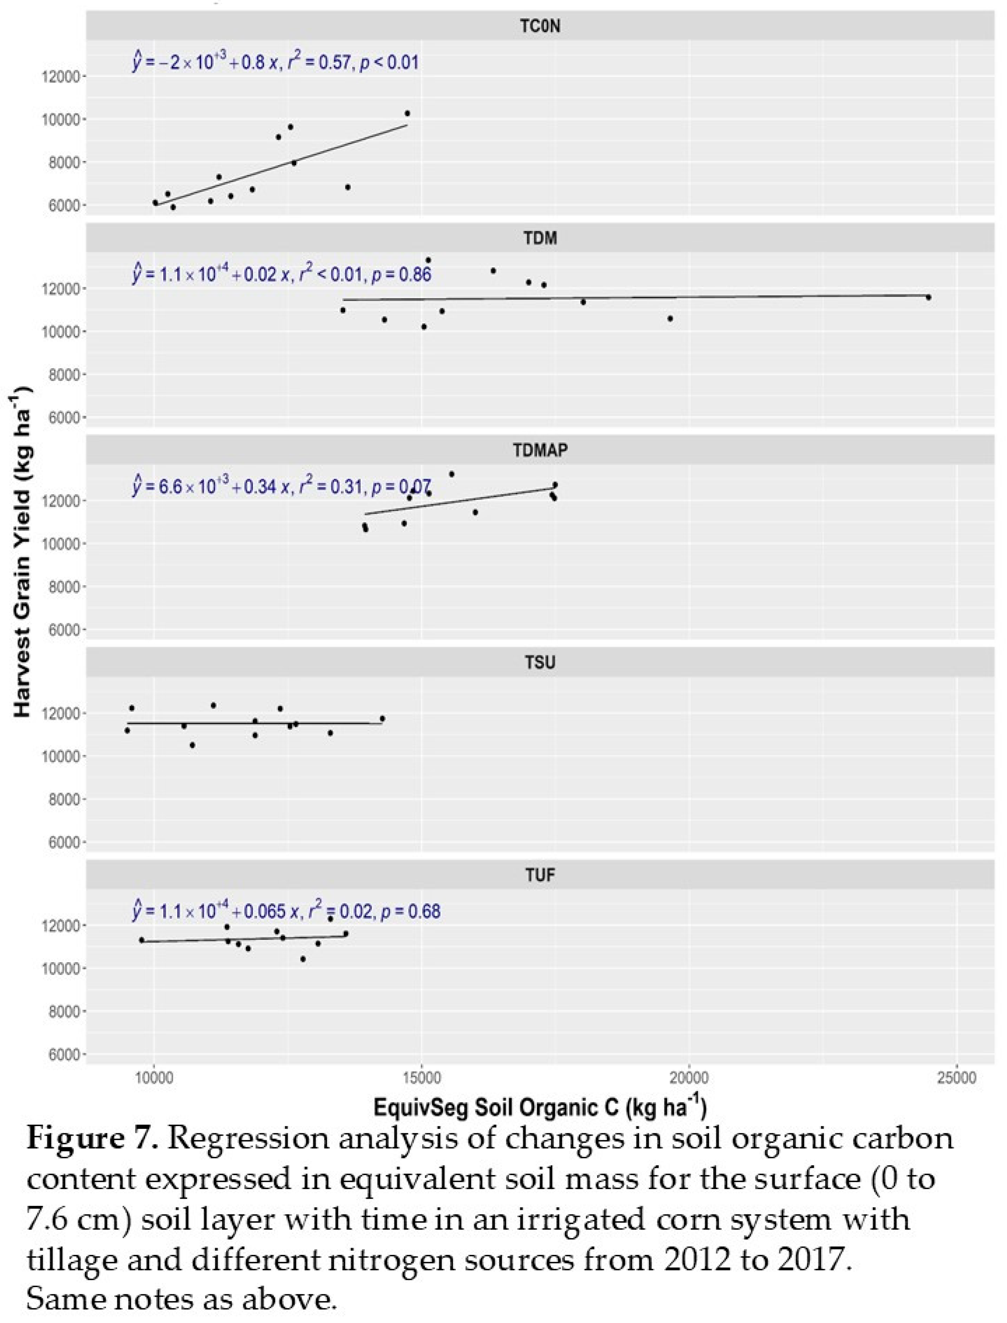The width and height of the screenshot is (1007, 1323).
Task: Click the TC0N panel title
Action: [x=540, y=27]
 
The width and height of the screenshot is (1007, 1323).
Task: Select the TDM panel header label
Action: [x=540, y=238]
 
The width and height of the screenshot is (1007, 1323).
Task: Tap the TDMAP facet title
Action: [x=540, y=450]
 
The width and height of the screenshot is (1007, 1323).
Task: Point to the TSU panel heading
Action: [x=540, y=662]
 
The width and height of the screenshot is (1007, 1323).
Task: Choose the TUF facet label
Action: [x=540, y=874]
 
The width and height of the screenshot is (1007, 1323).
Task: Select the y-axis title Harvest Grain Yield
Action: [x=23, y=552]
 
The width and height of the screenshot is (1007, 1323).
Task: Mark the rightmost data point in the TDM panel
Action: [x=928, y=297]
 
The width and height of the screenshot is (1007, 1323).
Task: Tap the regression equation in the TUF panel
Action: [x=286, y=911]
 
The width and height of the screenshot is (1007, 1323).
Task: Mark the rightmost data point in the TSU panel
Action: [x=382, y=719]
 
